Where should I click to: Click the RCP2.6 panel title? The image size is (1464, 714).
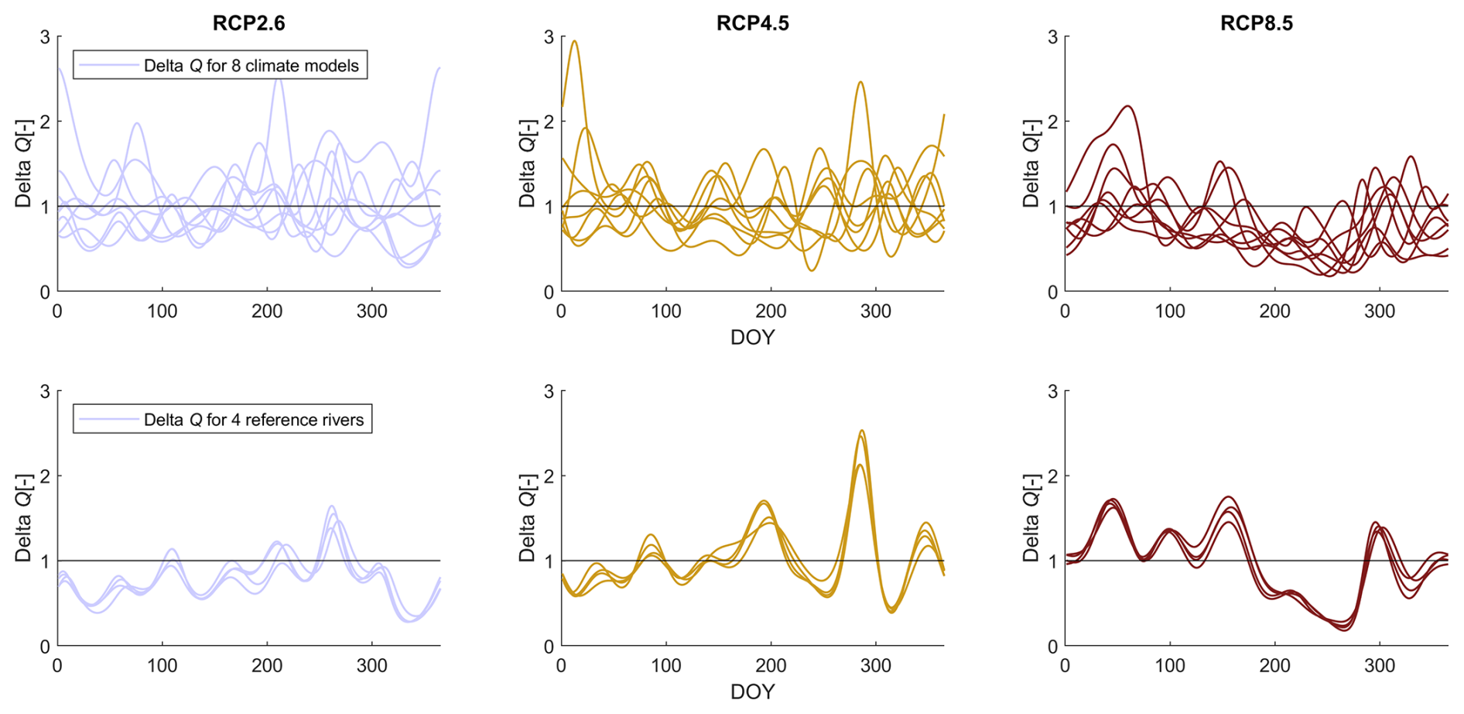[x=248, y=23]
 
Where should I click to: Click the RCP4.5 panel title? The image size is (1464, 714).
[x=752, y=23]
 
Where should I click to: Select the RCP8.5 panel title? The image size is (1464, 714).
[x=1256, y=23]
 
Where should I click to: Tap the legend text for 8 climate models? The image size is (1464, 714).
[x=251, y=66]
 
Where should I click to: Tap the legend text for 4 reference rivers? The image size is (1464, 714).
[x=253, y=420]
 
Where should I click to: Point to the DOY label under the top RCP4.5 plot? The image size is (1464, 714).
[x=752, y=338]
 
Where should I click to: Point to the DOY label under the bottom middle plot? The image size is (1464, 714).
[x=752, y=692]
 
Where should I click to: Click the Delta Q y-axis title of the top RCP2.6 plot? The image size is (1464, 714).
[x=23, y=163]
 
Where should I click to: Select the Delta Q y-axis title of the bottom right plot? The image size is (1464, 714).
[x=1031, y=517]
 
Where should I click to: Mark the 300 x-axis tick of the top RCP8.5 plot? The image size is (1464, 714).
[x=1380, y=311]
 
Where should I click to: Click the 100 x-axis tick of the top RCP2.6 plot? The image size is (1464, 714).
[x=162, y=311]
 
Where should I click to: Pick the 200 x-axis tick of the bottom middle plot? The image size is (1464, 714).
[x=771, y=666]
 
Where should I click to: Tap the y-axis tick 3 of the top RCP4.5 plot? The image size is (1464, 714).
[x=549, y=37]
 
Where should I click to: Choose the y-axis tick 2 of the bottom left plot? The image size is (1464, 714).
[x=45, y=476]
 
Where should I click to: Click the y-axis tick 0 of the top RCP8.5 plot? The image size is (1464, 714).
[x=1052, y=292]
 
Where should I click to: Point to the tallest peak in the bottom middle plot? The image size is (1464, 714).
[x=861, y=431]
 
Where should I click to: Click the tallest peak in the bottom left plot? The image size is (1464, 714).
[x=332, y=506]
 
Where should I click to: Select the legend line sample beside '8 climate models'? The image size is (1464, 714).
[x=108, y=65]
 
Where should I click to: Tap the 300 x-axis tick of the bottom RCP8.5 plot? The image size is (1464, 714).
[x=1380, y=666]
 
